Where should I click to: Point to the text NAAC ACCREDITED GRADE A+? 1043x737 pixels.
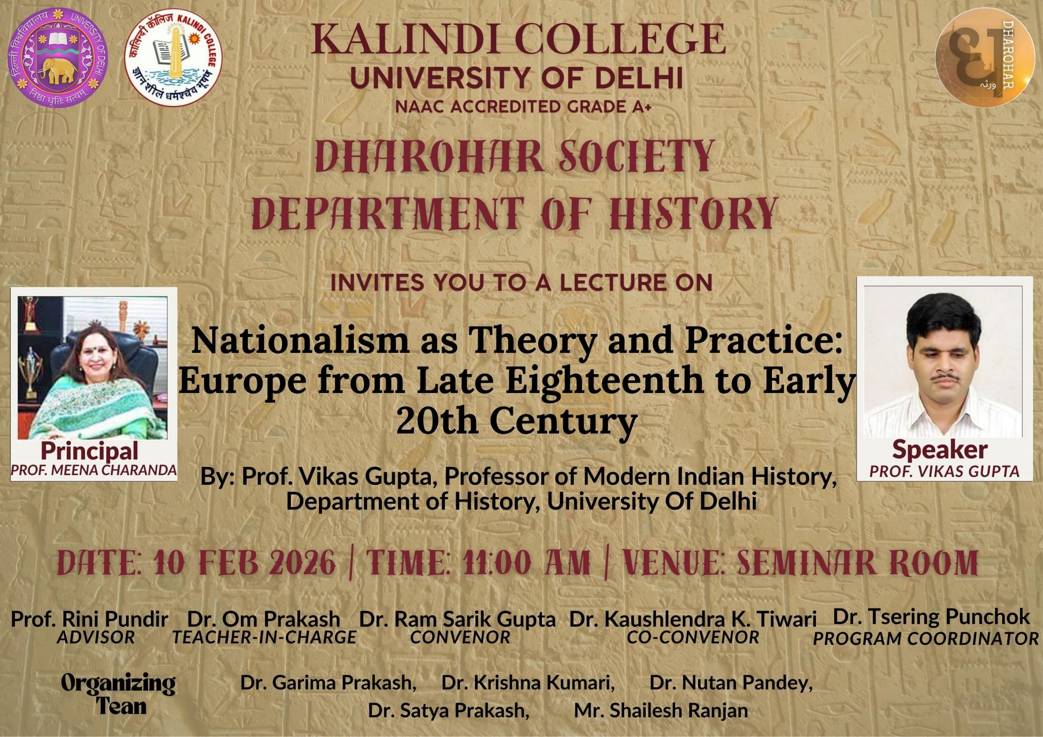(518, 107)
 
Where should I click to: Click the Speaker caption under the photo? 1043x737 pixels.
(939, 449)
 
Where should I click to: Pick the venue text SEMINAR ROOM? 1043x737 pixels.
(857, 564)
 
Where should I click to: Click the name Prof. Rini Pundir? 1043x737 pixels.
(90, 619)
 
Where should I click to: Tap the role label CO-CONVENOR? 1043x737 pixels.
(693, 637)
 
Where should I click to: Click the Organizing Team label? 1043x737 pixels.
(118, 696)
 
